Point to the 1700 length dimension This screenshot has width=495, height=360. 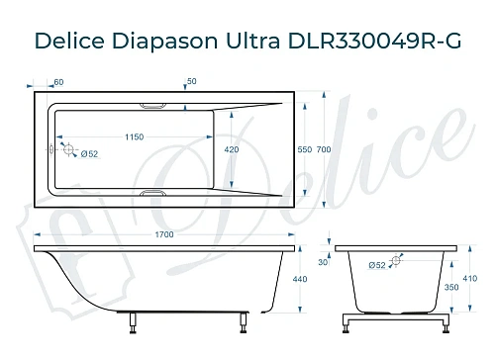pos(165,234)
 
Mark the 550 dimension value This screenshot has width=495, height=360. pos(305,149)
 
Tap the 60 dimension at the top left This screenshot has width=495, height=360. pos(58,81)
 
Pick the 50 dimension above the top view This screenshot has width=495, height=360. pos(191,81)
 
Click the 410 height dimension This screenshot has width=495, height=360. pos(470,279)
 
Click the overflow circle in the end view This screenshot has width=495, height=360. pos(397,261)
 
